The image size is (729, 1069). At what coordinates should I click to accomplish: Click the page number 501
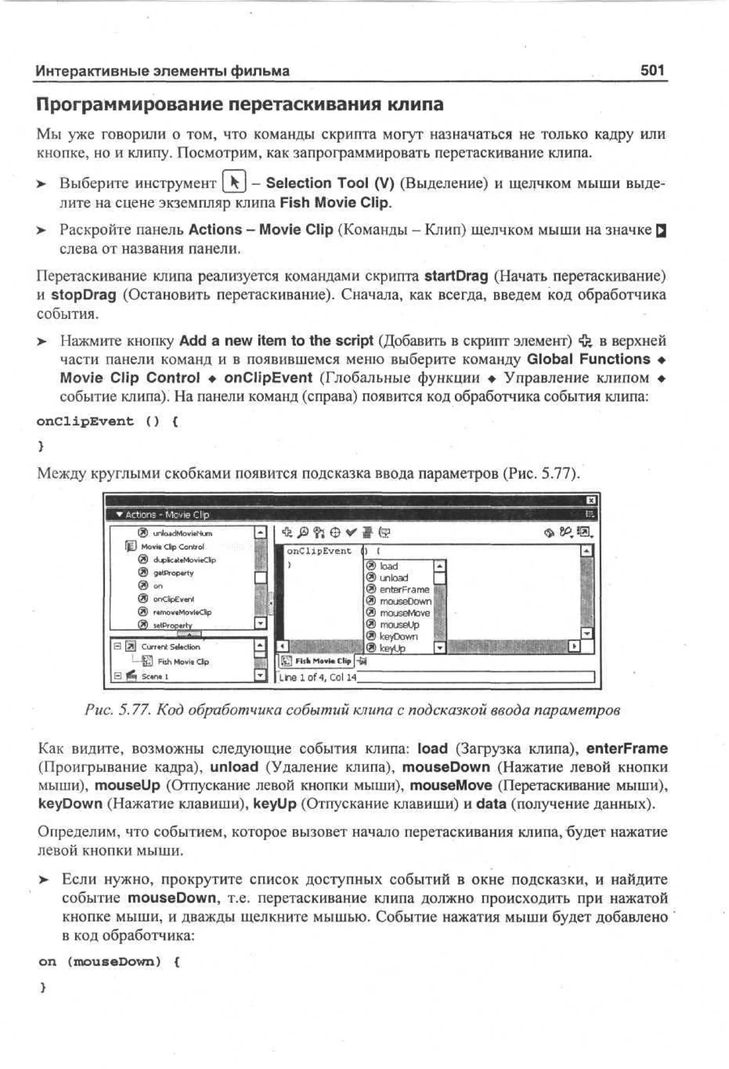(652, 71)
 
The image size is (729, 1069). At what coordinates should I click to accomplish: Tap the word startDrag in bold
(456, 276)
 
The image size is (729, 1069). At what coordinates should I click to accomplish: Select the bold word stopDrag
(84, 295)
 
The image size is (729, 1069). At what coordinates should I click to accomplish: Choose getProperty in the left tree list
(173, 573)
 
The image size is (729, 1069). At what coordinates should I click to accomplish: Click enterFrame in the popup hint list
(404, 590)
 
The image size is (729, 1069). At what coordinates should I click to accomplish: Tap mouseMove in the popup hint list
(404, 613)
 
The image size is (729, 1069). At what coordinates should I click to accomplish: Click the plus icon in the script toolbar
(287, 533)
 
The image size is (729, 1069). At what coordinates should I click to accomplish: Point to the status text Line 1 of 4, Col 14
(318, 677)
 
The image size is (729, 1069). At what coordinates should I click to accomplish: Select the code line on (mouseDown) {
(109, 962)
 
